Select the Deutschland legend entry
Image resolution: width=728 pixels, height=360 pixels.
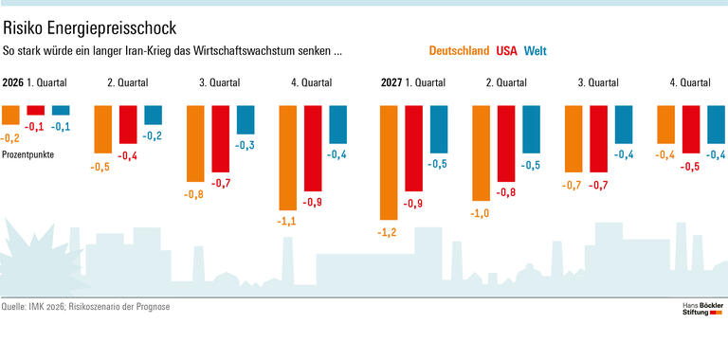pyautogui.click(x=459, y=50)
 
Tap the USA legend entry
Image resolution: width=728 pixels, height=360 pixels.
pyautogui.click(x=507, y=50)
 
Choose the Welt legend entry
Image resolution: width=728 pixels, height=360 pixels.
pyautogui.click(x=536, y=50)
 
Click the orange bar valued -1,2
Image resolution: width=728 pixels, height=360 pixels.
pyautogui.click(x=388, y=162)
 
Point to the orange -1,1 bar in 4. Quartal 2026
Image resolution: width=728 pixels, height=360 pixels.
pyautogui.click(x=287, y=157)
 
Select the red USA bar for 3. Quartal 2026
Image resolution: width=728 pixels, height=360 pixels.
pyautogui.click(x=221, y=139)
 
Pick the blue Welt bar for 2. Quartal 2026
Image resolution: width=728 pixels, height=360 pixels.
pyautogui.click(x=153, y=115)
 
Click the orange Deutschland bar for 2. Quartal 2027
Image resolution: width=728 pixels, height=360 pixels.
pyautogui.click(x=482, y=153)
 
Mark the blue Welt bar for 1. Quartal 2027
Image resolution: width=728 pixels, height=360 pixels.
pyautogui.click(x=439, y=130)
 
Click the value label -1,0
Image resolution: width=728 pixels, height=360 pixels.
pyautogui.click(x=481, y=214)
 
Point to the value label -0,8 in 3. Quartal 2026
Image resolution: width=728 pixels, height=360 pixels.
pyautogui.click(x=194, y=194)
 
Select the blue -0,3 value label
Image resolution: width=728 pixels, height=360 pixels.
pyautogui.click(x=246, y=145)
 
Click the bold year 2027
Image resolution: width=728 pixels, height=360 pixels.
pyautogui.click(x=391, y=82)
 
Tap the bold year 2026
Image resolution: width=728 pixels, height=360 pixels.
pyautogui.click(x=13, y=82)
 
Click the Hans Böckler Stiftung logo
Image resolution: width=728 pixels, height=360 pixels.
pyautogui.click(x=702, y=309)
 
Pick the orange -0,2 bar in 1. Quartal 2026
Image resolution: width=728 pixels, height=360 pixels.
pyautogui.click(x=10, y=115)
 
